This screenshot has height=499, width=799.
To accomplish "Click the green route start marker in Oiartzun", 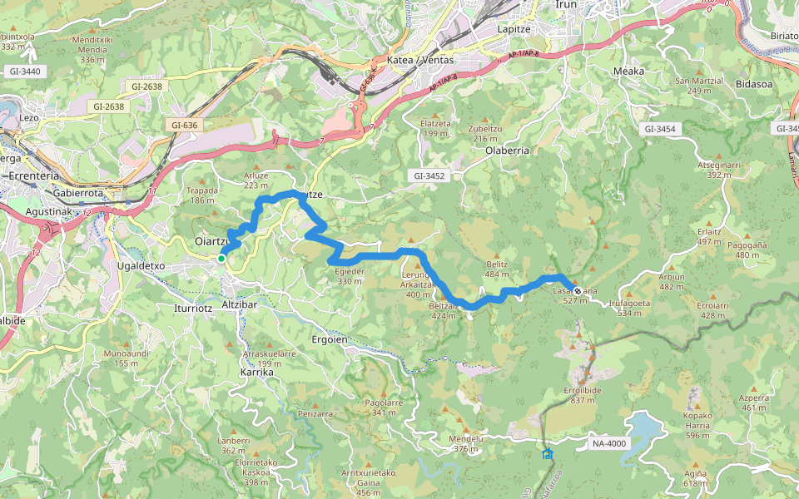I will tap(221, 259).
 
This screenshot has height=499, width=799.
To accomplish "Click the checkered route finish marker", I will tap(577, 292).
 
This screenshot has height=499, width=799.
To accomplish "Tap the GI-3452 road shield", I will tap(429, 175).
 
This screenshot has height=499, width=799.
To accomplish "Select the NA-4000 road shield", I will tap(609, 443).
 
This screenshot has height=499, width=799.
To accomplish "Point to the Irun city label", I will tap(566, 4).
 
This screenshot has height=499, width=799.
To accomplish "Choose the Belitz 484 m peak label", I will tap(497, 269).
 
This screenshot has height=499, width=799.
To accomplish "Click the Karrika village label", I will tap(256, 373).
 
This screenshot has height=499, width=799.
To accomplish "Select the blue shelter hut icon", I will tap(547, 454).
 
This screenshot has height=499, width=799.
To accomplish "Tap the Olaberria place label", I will tap(507, 151).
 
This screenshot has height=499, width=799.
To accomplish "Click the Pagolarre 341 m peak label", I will tap(384, 408).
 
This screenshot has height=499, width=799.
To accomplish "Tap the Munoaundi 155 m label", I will tap(114, 358).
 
